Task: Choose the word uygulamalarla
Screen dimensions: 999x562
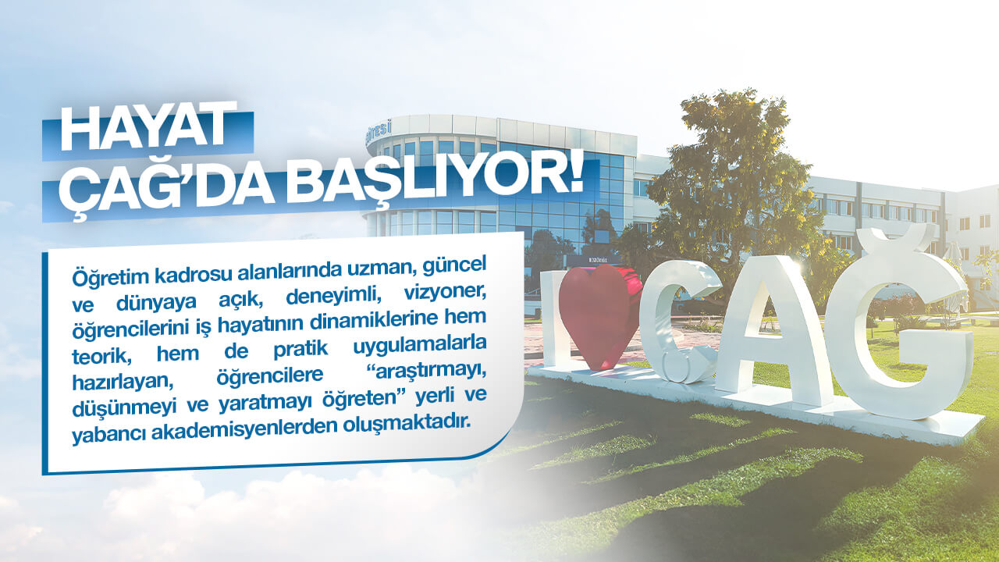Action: coord(420,345)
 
